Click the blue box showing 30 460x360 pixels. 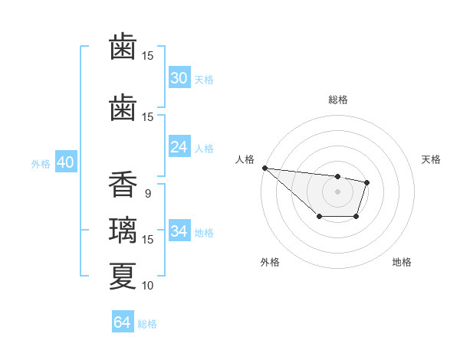179,78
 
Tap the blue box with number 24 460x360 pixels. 179,147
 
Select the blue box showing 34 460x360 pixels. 179,231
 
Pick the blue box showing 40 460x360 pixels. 65,162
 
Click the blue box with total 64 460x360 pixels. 123,322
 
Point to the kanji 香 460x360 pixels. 123,185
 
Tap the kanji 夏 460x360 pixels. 123,276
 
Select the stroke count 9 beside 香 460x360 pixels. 148,194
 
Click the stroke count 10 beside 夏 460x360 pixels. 148,286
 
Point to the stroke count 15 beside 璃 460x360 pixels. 148,240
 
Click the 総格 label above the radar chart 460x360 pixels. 337,100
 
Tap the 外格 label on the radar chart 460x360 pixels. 270,262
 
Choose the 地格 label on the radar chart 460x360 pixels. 402,262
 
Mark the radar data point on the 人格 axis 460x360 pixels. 264,168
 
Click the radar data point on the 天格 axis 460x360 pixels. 367,182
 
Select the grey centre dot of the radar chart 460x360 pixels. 337,191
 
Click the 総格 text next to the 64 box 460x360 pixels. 147,323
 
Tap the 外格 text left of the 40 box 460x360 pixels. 41,163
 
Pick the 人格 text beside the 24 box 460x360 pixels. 204,148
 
